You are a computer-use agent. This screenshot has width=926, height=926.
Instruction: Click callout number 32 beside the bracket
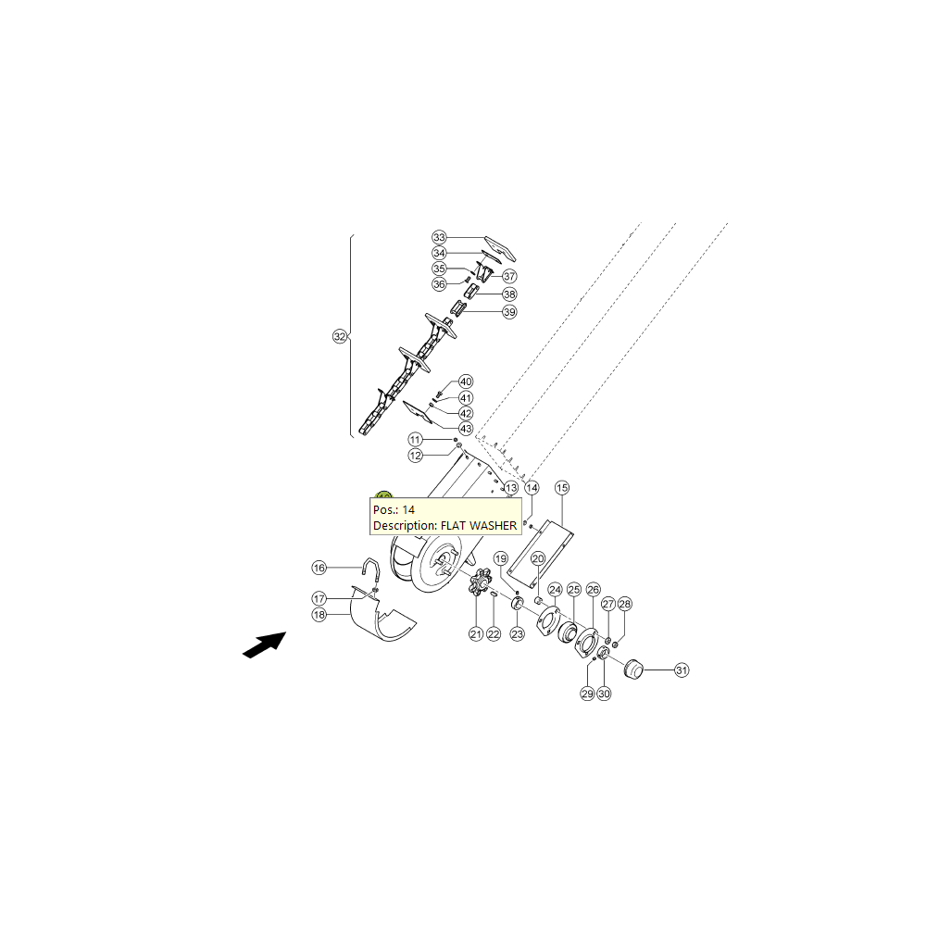point(340,337)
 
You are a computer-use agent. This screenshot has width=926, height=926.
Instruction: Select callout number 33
point(439,237)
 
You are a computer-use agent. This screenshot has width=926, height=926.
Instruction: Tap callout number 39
point(509,312)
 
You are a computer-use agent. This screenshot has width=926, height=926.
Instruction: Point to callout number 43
point(466,429)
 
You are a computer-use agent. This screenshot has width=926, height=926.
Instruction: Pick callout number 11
point(415,440)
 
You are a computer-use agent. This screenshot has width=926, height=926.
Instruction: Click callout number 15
point(562,488)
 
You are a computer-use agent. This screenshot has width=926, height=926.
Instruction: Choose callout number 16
point(319,568)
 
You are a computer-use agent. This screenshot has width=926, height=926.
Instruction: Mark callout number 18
point(319,615)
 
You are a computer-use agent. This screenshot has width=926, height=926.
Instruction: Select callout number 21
point(476,634)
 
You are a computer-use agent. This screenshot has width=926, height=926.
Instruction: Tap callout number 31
point(682,670)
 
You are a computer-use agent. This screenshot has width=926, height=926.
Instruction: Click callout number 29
point(587,694)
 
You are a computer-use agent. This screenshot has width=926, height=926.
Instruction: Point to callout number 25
point(574,589)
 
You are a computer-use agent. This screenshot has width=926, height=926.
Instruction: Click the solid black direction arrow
point(264,644)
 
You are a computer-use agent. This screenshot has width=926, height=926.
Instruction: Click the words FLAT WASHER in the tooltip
point(479,526)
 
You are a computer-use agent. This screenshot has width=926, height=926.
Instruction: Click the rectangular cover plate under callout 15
point(541,550)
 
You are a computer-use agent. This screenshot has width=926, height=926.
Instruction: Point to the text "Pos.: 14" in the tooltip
point(394,509)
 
